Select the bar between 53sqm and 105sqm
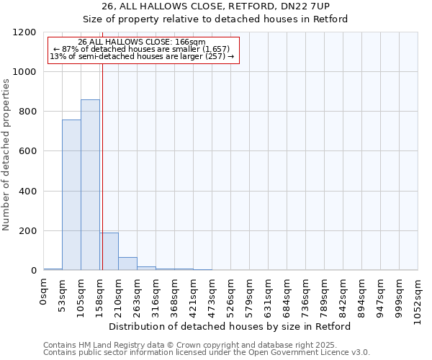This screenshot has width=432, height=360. pos(71,195)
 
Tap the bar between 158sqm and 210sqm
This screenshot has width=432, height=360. pos(109,251)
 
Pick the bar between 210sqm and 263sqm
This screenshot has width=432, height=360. pos(127,264)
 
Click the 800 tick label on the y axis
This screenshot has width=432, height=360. pos(29,112)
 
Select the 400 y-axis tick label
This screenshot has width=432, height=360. pos(29,192)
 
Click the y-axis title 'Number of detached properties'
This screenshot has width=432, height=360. pos(6,155)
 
